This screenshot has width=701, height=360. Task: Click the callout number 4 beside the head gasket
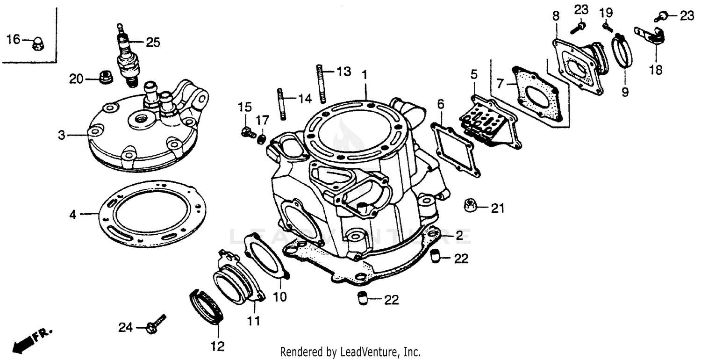73,215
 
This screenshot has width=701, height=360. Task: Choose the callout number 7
500,84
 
